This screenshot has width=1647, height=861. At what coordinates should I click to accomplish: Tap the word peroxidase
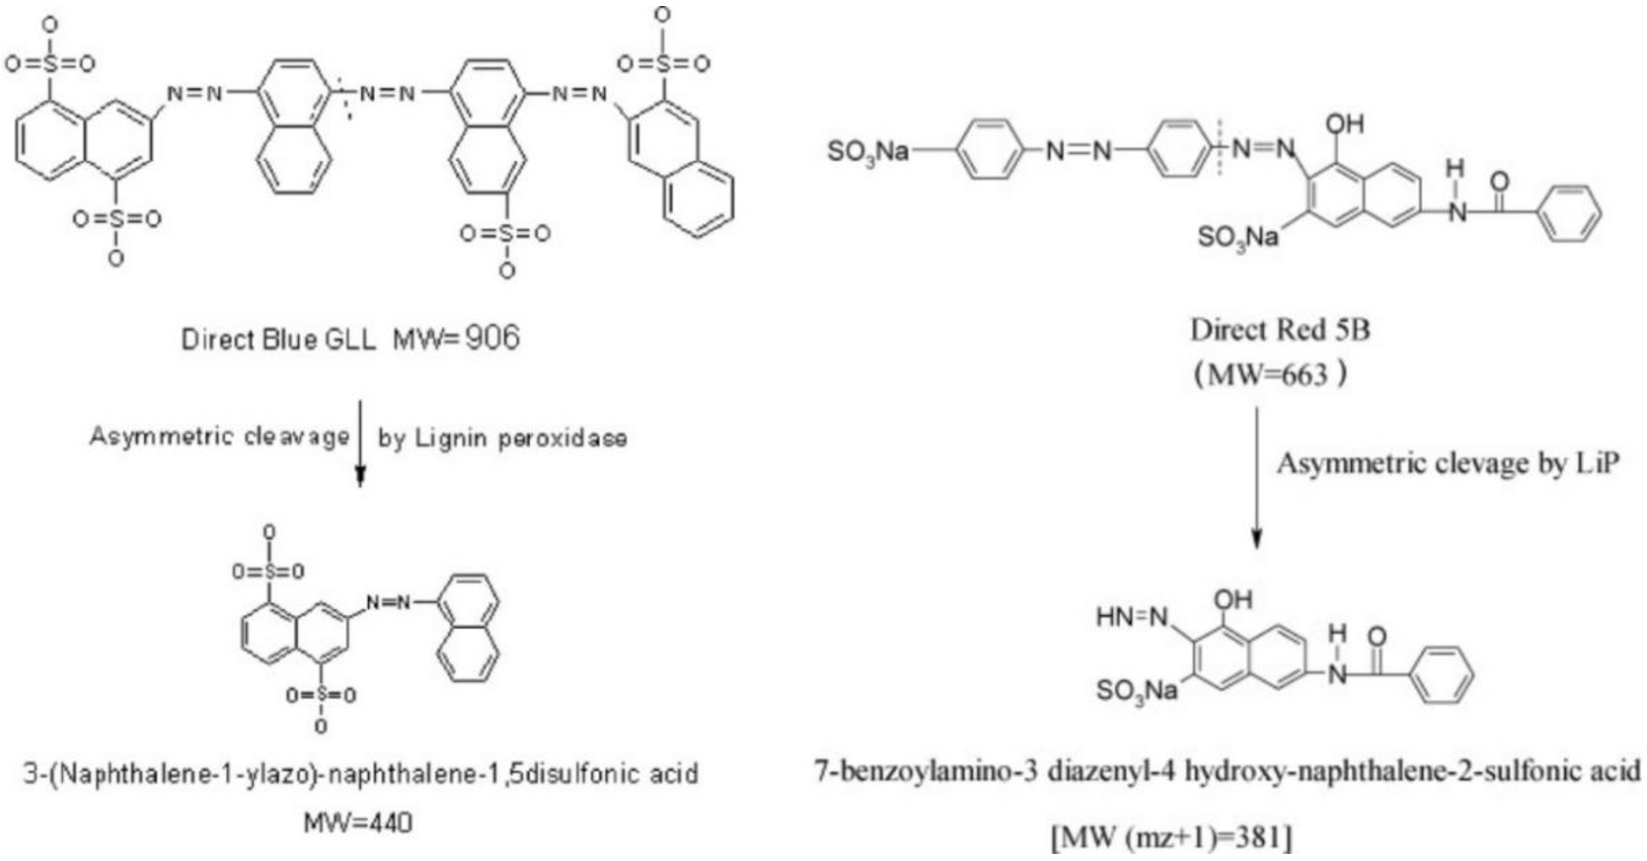point(563,439)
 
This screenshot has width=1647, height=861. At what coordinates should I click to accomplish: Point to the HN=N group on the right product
point(1132,617)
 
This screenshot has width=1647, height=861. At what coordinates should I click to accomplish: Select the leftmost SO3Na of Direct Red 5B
point(867,152)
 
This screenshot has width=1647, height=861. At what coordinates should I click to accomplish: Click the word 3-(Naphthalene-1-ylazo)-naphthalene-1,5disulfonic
point(333,774)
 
